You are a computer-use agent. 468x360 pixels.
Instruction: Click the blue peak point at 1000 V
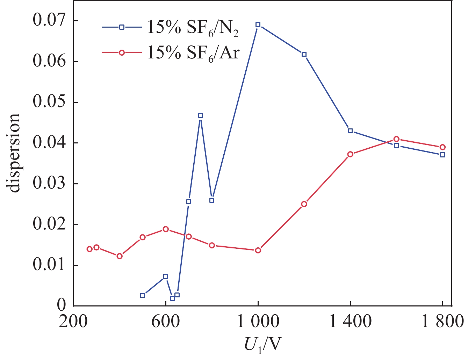(258, 24)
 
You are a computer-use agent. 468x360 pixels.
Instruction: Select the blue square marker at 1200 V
(304, 54)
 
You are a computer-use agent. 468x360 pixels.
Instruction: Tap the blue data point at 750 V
(200, 116)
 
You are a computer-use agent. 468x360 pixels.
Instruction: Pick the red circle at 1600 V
(396, 139)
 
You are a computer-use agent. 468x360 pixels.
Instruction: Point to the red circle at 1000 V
(258, 250)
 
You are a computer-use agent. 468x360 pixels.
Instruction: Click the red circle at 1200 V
(304, 204)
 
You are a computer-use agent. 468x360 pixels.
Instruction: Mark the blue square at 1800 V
(442, 155)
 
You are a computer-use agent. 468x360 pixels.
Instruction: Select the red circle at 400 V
(120, 256)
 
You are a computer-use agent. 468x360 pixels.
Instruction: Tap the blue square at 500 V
(143, 295)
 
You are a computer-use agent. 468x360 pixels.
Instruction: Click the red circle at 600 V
(166, 229)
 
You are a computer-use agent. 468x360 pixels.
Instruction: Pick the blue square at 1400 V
(350, 131)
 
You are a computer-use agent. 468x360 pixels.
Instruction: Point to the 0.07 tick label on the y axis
(49, 20)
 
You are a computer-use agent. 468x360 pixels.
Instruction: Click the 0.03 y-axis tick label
(49, 184)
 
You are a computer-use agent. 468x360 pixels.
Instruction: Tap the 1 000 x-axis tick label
(258, 322)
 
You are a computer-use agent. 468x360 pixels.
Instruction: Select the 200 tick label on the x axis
(73, 322)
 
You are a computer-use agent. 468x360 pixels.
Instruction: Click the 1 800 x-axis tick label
(442, 322)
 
